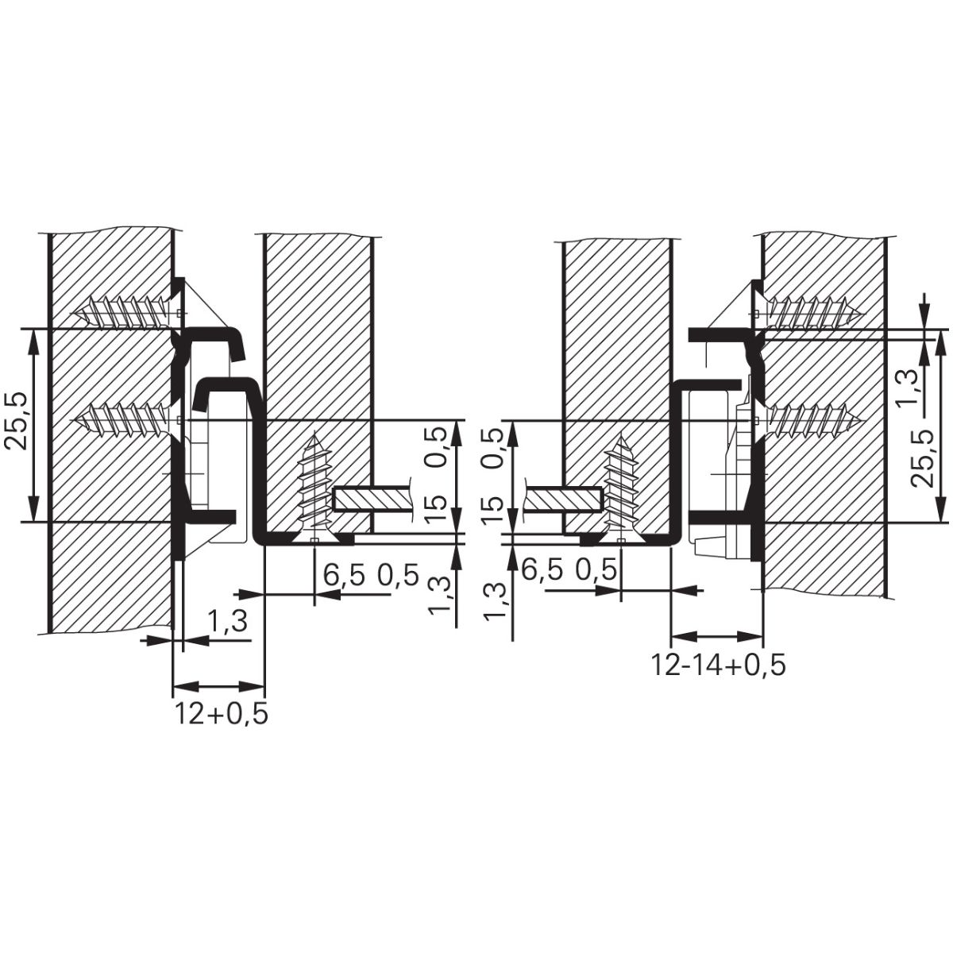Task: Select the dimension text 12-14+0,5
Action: point(718,665)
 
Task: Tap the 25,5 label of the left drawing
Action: point(15,422)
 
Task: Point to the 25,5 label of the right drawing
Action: point(923,458)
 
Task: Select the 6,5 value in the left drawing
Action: point(344,575)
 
